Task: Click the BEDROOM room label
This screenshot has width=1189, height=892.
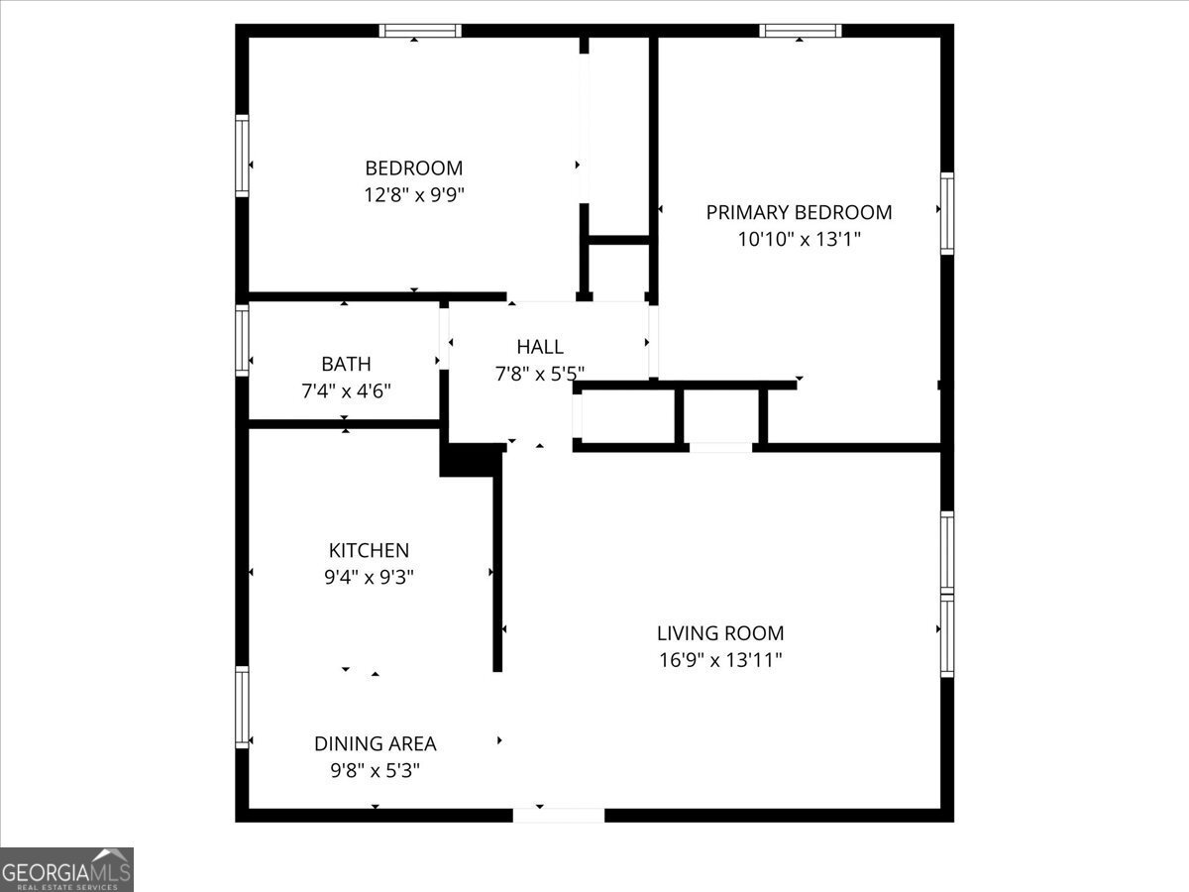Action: tap(413, 168)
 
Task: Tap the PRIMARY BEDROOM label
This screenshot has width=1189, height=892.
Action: tap(799, 212)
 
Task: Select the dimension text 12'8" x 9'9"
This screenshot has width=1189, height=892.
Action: tap(413, 195)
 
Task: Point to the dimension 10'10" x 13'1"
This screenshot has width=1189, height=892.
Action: tap(799, 239)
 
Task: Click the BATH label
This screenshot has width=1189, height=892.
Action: tap(346, 364)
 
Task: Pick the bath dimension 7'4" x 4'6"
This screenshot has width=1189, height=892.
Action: tap(346, 390)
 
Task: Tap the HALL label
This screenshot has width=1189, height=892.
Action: tap(540, 347)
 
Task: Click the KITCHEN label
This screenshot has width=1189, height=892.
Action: tap(369, 551)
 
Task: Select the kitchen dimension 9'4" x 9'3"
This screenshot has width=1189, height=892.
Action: tap(369, 578)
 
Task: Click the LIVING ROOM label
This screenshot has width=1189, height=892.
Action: tap(720, 633)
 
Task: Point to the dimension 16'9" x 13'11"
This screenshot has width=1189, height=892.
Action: tap(720, 660)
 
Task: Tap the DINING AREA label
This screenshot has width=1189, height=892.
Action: tap(375, 743)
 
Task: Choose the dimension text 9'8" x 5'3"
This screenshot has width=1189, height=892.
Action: tap(375, 770)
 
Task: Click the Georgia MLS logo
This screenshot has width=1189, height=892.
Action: tap(66, 869)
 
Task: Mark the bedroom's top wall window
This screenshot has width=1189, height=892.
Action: tap(421, 31)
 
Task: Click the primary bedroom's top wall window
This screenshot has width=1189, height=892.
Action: tap(801, 31)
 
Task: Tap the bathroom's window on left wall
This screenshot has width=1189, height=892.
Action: tap(242, 340)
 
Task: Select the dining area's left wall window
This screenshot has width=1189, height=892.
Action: tap(242, 707)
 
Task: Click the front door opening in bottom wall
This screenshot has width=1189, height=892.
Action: tap(559, 815)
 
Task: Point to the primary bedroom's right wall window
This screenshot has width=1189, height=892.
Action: tap(947, 213)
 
